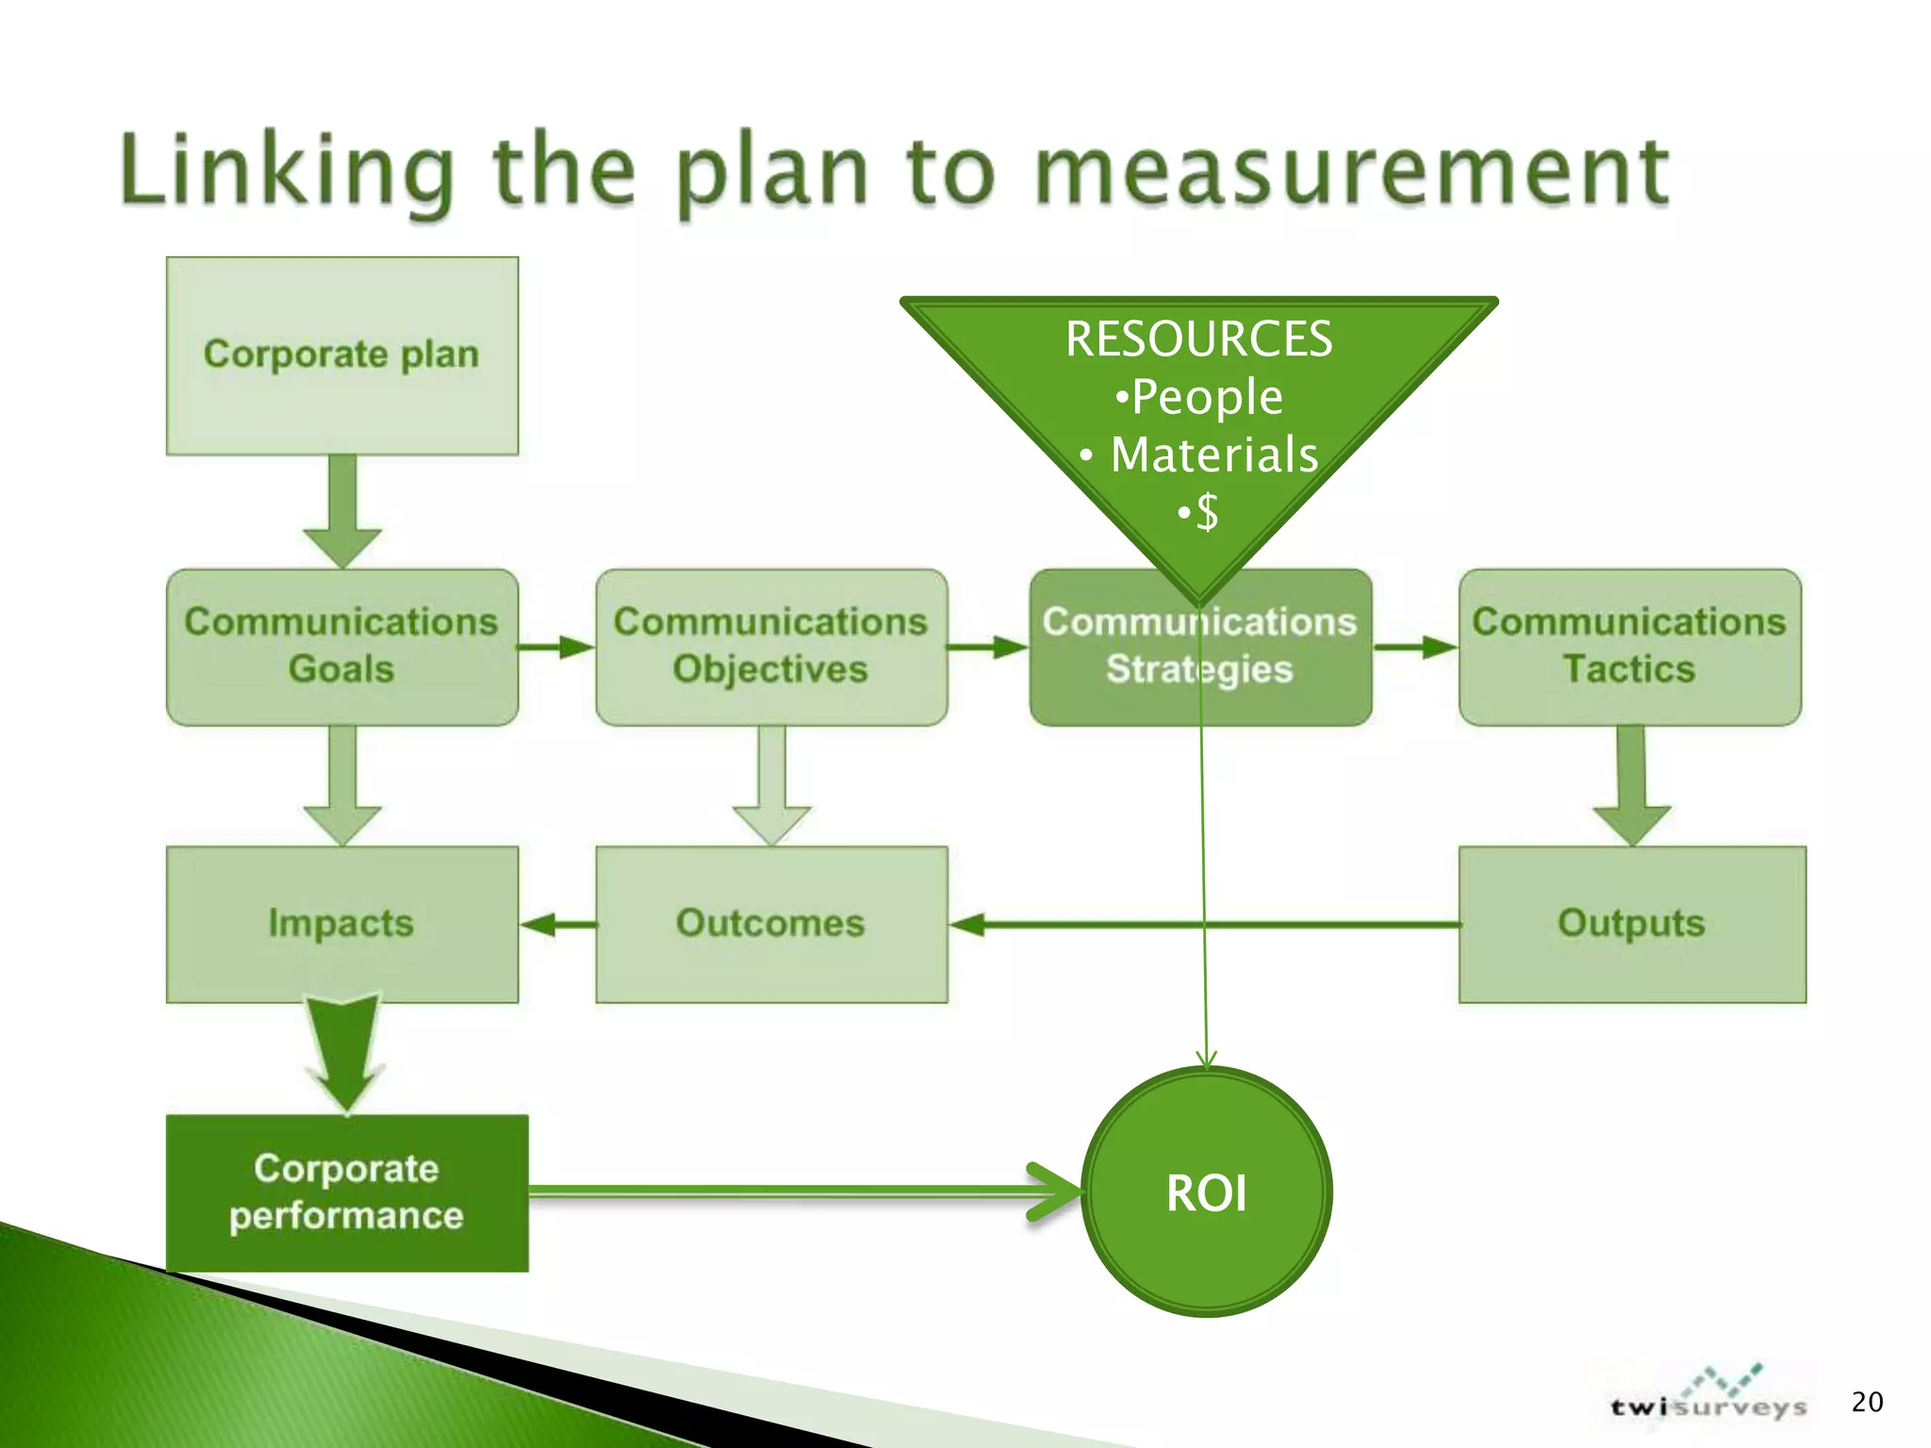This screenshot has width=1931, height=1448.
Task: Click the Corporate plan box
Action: (341, 355)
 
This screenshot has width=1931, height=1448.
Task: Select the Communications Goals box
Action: (341, 647)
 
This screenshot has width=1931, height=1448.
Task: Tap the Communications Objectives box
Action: (770, 647)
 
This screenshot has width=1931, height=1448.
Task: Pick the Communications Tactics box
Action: (1629, 647)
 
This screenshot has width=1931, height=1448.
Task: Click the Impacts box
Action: (341, 924)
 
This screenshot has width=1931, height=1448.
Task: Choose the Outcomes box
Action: (770, 924)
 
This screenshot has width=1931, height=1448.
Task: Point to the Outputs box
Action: (1631, 924)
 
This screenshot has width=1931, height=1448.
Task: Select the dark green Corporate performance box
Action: (346, 1193)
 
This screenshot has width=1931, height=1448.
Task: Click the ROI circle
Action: (1206, 1193)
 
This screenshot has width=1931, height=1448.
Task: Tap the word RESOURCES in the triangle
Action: (1198, 339)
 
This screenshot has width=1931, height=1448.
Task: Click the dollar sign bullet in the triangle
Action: (1198, 513)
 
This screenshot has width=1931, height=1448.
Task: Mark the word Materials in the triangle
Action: (1213, 454)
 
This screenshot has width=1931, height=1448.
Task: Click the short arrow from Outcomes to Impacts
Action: (557, 925)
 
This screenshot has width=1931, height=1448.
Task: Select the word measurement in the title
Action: (1351, 172)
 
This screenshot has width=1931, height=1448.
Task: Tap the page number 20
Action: (1867, 1402)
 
